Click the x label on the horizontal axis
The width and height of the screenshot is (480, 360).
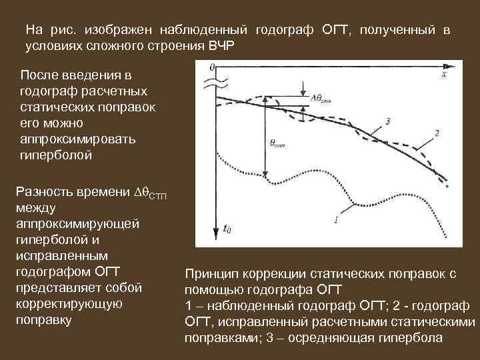tap(443, 76)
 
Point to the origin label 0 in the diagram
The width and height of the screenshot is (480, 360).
tap(211, 67)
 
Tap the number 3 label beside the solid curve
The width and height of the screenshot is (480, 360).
tap(387, 120)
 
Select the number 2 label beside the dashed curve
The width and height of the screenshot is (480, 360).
tap(436, 133)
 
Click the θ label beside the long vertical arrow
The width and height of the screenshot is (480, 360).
tap(277, 143)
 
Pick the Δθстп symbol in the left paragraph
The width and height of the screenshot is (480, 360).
tap(151, 193)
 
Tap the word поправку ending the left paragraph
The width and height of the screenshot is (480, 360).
tap(45, 319)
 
